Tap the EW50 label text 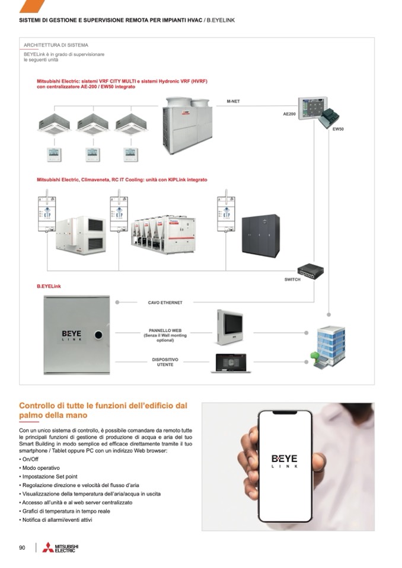coord(338,129)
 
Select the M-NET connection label coord(233,101)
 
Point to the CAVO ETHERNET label coord(165,303)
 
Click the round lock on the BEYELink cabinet coord(99,334)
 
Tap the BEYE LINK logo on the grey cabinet coord(71,335)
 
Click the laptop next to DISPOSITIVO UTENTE coord(231,362)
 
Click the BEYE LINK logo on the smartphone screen coord(285,461)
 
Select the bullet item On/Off coord(30,459)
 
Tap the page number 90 coord(23,547)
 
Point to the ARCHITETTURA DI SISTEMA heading coord(56,45)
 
